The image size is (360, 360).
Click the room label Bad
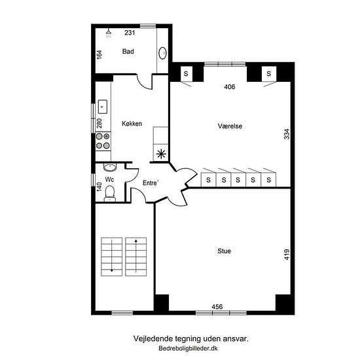[128, 52]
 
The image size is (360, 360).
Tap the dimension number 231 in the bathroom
[130, 33]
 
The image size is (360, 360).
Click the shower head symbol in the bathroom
[109, 33]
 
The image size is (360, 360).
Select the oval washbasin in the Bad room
[162, 53]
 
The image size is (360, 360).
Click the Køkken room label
[132, 124]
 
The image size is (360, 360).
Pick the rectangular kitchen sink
[103, 107]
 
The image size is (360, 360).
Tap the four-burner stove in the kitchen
[103, 141]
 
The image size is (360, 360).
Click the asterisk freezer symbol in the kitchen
[161, 154]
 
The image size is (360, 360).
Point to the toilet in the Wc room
[110, 194]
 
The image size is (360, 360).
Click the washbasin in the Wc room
[110, 167]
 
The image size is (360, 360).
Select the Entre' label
[151, 183]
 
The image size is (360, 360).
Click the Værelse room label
[230, 126]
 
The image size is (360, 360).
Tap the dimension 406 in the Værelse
[230, 87]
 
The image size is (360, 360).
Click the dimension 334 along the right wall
[287, 134]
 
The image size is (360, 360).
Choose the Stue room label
[225, 251]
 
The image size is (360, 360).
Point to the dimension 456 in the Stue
[217, 307]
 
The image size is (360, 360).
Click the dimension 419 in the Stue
[287, 255]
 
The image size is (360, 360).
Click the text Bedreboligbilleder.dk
[188, 348]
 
